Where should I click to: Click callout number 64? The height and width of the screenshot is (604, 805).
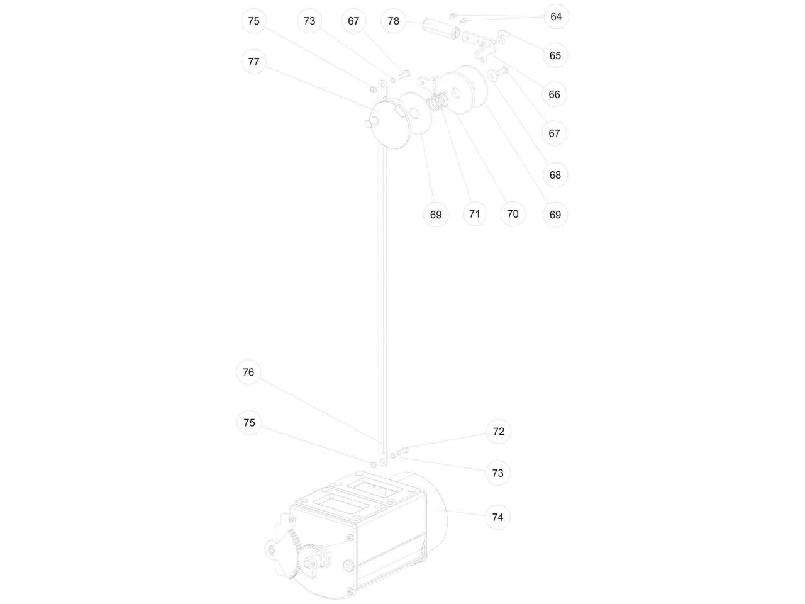point(556,16)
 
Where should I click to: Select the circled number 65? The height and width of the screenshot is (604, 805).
point(555,55)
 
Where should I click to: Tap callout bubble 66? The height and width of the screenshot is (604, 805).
point(554,94)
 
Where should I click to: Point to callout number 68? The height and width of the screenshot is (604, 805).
point(555,174)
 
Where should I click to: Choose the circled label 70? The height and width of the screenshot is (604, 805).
point(513,214)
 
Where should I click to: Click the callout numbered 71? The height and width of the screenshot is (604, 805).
point(474,214)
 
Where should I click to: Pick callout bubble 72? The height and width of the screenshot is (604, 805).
point(498,431)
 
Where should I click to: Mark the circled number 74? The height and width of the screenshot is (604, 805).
point(497,517)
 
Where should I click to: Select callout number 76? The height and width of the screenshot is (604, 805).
point(248,372)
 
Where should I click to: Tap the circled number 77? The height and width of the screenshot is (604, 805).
point(253,62)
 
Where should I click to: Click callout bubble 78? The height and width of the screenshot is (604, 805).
point(393,21)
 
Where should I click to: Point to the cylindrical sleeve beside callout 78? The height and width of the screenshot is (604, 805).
point(440,28)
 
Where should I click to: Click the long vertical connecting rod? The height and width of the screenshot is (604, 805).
point(383,275)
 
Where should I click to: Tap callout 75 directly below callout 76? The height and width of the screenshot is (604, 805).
point(249,422)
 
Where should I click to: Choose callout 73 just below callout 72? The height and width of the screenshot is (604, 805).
point(497,473)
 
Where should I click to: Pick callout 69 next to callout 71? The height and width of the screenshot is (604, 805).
point(436,215)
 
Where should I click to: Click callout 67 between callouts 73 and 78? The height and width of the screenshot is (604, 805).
point(353,21)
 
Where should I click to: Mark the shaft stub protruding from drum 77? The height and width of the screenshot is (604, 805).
point(372,122)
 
